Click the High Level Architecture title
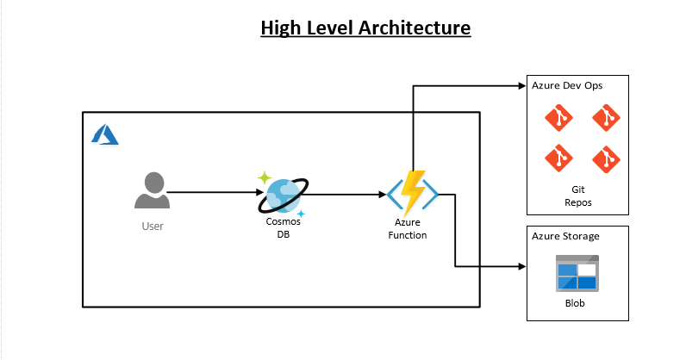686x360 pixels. pos(365,28)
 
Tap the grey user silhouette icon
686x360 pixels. pos(153,190)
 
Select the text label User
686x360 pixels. pos(153,227)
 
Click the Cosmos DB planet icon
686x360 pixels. pos(282,194)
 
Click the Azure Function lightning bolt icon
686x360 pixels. pos(412,193)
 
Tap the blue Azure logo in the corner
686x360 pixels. pos(104,134)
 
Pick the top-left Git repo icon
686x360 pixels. pos(558,118)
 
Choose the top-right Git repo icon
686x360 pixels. pos(606,118)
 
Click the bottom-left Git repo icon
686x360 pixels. pos(558,158)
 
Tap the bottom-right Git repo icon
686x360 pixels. pos(606,158)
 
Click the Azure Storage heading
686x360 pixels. pos(565,236)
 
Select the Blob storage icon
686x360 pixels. pos(577,274)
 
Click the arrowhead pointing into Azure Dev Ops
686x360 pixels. pos(521,85)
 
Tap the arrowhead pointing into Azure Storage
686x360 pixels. pos(521,267)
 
